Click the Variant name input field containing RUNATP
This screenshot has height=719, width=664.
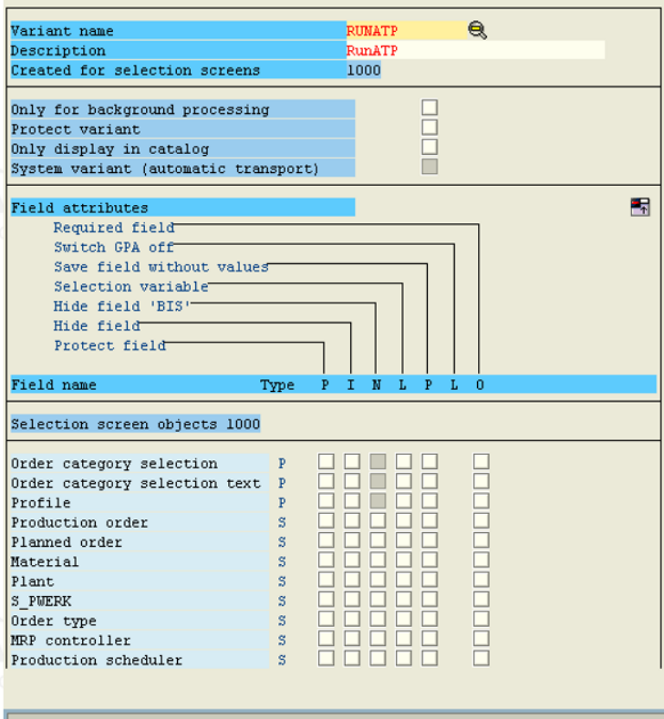[407, 31]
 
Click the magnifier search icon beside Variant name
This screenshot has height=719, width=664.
[477, 30]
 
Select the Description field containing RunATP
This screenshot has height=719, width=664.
[475, 50]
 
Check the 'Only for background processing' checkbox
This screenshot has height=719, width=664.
[430, 108]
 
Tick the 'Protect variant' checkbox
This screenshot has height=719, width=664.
[430, 127]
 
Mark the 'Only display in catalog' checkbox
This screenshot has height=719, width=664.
[430, 147]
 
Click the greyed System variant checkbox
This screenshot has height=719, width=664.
[430, 167]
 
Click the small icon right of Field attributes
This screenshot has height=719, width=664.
[640, 207]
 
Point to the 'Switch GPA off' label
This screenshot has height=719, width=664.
[114, 247]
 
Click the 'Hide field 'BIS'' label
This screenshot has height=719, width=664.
[121, 306]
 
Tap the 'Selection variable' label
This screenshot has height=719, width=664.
[131, 286]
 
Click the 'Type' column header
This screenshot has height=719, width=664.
[277, 385]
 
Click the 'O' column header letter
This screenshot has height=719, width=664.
[480, 385]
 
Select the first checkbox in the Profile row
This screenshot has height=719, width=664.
[327, 500]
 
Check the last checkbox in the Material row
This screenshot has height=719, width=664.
[482, 560]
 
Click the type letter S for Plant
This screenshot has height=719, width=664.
[282, 581]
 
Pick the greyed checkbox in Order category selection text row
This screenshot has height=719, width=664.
[378, 481]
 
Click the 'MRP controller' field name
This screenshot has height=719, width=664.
[70, 640]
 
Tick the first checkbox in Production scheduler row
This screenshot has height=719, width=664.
[327, 659]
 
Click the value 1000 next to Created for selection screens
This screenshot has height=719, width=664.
[364, 70]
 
